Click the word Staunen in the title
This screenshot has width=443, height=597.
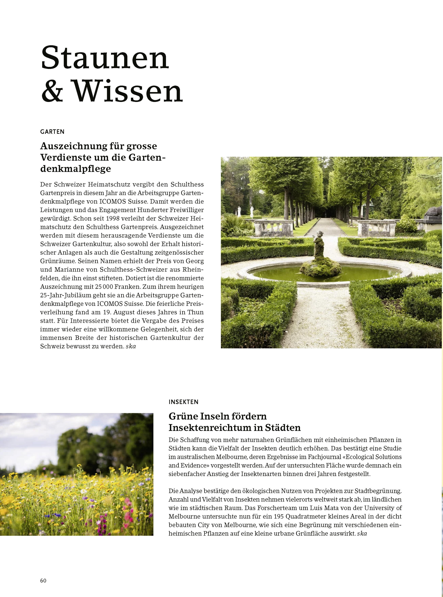(x=105, y=58)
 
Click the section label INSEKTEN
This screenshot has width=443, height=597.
(x=183, y=402)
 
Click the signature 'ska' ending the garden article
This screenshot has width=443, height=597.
(x=131, y=346)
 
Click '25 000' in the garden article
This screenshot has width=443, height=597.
(x=104, y=287)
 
